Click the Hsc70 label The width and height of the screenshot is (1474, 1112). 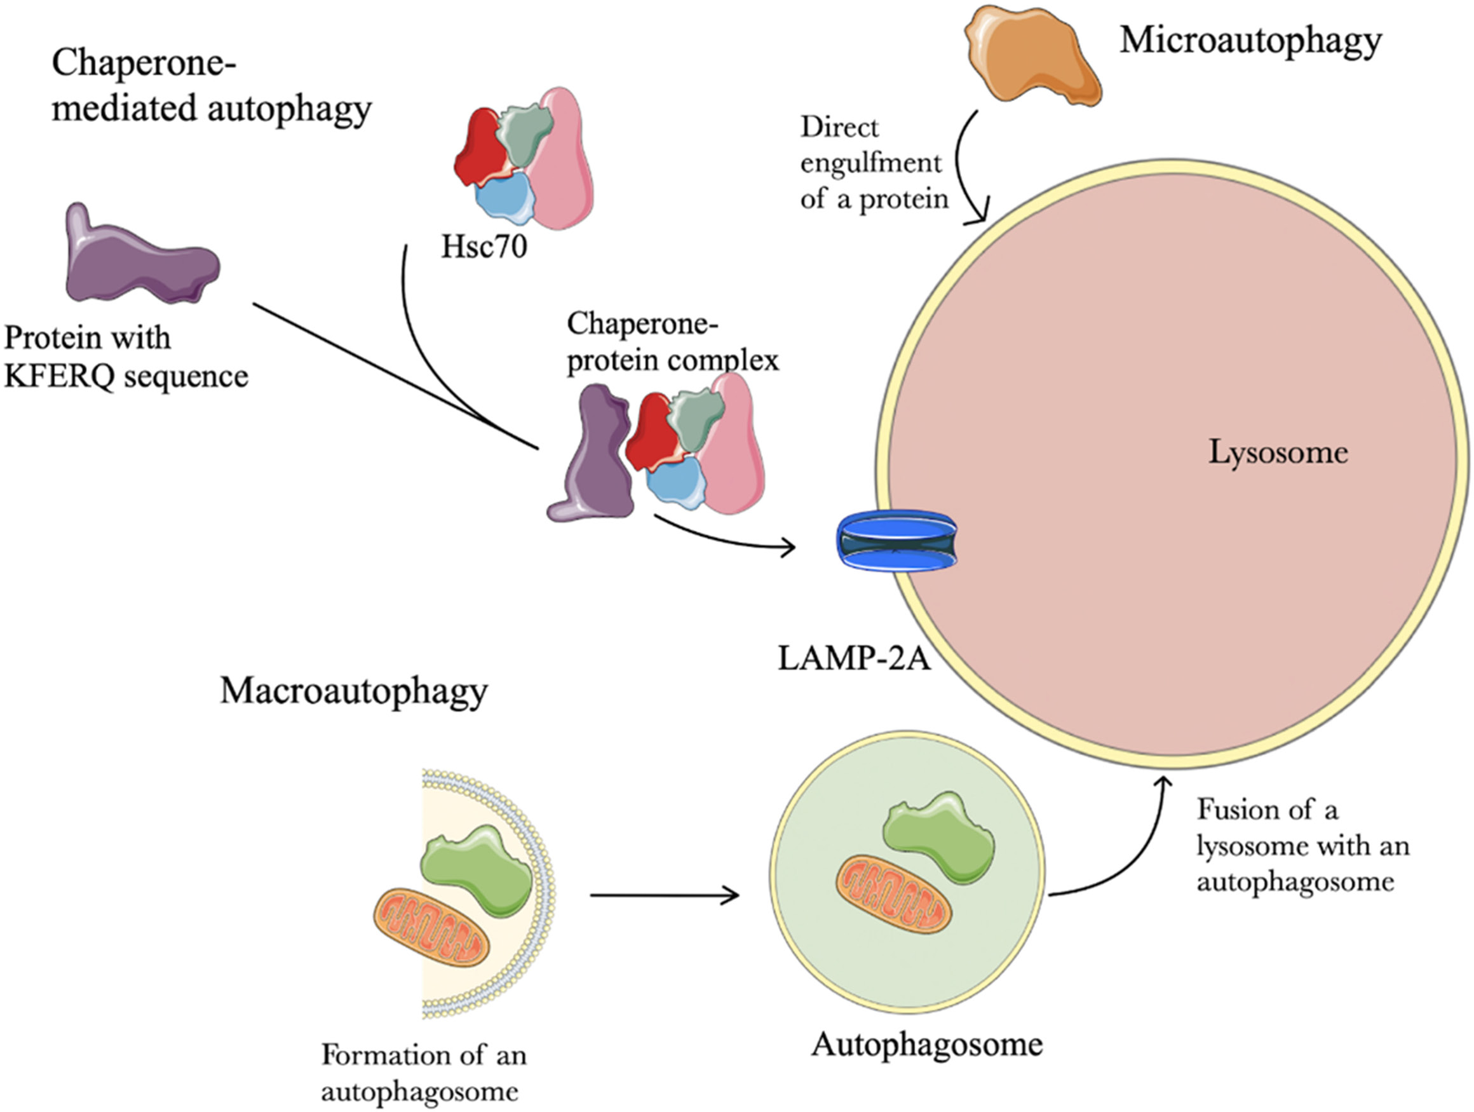click(x=483, y=247)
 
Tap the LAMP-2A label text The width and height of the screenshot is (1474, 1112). click(x=854, y=658)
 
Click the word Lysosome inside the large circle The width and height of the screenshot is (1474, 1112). click(x=1278, y=453)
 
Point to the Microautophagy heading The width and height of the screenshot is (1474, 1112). click(x=1251, y=41)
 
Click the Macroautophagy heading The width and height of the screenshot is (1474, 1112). click(x=354, y=691)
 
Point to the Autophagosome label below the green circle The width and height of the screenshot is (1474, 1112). click(x=926, y=1045)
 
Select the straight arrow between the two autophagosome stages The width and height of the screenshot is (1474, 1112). click(x=664, y=895)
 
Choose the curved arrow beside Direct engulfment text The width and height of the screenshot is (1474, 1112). click(x=964, y=166)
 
